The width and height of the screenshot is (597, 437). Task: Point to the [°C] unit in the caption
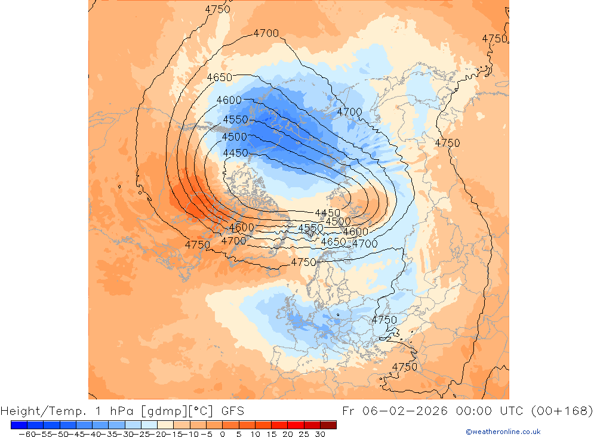point(200,411)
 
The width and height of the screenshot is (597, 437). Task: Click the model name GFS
point(232,411)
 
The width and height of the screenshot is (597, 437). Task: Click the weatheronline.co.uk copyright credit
point(503,432)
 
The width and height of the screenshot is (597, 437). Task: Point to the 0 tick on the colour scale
point(223,434)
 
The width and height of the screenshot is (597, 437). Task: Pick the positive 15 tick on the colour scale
point(272,434)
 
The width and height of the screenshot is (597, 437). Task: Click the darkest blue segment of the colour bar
point(19,425)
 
